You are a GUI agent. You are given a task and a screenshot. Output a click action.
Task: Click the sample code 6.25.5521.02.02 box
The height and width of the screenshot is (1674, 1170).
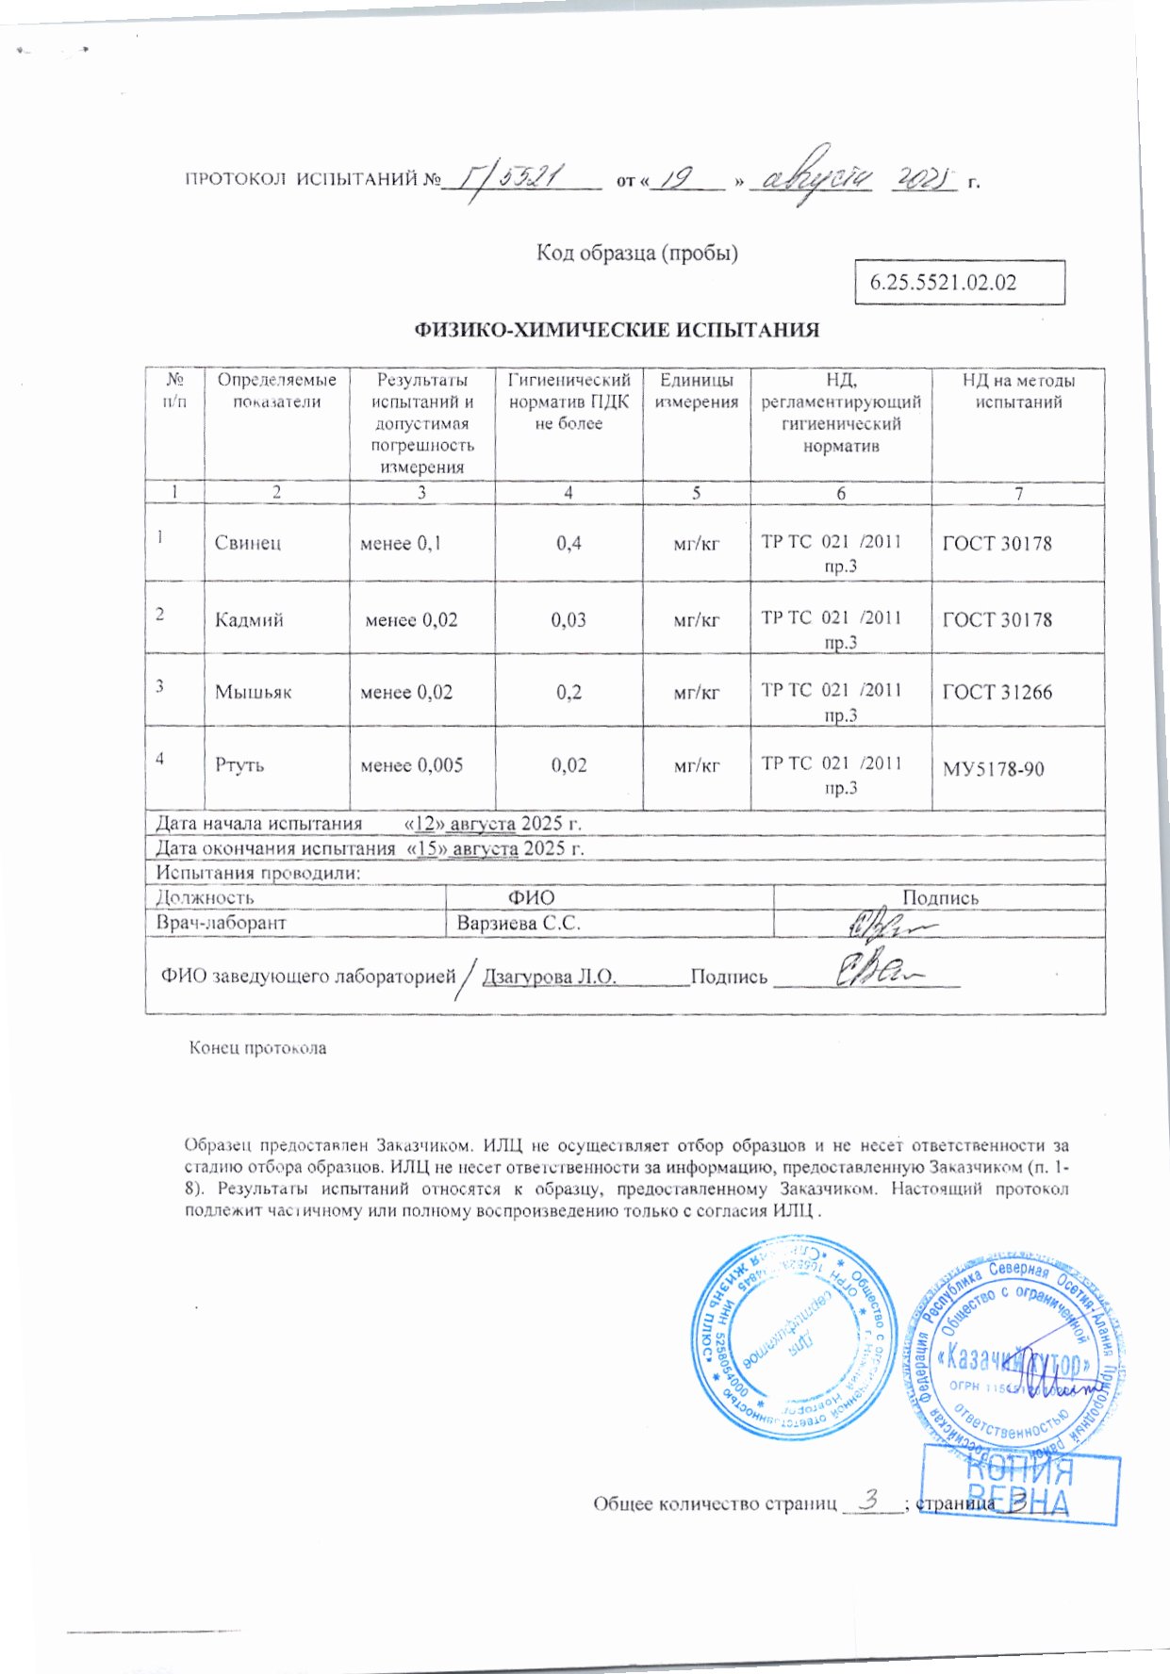coord(959,282)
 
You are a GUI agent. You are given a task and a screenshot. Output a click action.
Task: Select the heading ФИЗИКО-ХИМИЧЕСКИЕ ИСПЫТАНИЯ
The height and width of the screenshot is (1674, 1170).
coord(618,330)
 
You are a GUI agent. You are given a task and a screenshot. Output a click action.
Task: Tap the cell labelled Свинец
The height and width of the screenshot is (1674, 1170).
coord(248,543)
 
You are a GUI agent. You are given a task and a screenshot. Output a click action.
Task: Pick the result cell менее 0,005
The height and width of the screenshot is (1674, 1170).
coord(412,765)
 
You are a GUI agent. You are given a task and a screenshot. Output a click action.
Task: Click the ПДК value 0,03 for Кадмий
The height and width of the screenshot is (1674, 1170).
coord(569,620)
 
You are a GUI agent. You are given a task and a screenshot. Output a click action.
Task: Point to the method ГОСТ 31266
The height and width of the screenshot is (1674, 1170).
coord(997,692)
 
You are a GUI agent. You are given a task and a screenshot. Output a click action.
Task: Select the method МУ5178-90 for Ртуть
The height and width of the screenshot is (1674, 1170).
coord(994,769)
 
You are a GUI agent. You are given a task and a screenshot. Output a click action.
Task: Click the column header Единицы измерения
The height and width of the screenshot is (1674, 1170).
coord(697,391)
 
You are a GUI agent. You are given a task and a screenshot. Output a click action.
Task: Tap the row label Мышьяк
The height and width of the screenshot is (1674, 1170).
coord(253,692)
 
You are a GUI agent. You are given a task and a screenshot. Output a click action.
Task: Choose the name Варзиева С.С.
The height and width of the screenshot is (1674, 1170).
coord(519,924)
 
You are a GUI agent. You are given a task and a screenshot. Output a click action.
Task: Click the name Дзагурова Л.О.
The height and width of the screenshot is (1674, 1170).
coord(550,976)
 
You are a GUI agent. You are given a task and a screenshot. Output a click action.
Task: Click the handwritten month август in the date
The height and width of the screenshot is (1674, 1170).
coord(817,174)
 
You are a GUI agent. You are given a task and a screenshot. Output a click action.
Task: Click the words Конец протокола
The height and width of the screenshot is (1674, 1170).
coord(257,1047)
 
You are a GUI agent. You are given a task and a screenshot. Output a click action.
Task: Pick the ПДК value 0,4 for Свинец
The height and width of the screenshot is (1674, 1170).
coord(569,543)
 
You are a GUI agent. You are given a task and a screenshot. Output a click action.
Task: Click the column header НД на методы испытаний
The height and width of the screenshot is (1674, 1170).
coord(1018,391)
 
